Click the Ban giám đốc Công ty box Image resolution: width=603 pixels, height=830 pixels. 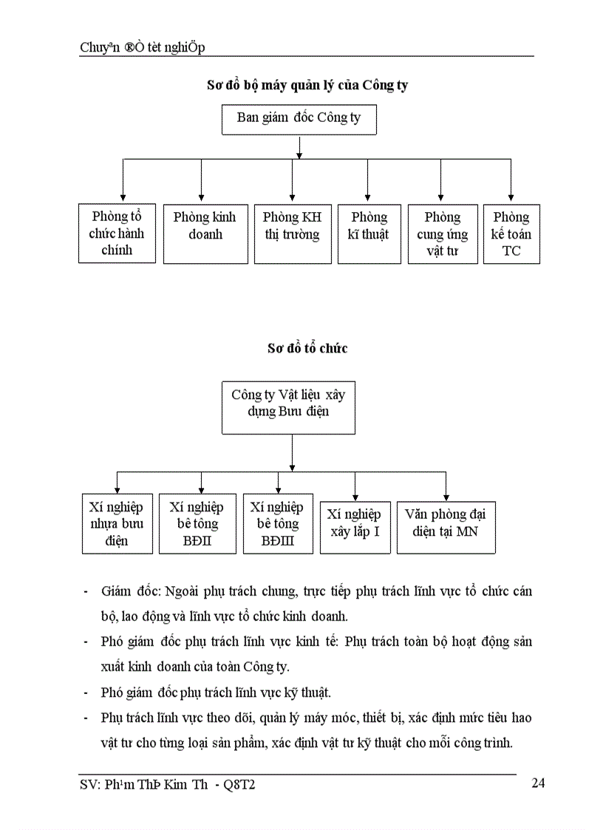(299, 118)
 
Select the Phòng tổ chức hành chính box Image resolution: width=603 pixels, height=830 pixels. (117, 234)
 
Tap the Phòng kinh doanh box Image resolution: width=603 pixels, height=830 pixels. (205, 234)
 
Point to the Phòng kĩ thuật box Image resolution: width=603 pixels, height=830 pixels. (369, 234)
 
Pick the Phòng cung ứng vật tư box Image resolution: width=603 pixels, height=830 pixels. (442, 234)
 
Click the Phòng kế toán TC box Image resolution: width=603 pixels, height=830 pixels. (511, 234)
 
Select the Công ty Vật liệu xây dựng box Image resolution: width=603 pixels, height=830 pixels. (293, 407)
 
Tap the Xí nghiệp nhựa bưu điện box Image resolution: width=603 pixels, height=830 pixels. (117, 524)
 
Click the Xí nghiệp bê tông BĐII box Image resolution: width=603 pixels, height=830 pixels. (197, 524)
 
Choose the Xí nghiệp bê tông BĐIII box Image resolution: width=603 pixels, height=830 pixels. (277, 524)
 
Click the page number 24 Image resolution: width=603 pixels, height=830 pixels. (538, 783)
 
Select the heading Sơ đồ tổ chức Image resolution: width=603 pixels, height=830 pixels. (307, 348)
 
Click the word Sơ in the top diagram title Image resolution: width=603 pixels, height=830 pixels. (214, 85)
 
